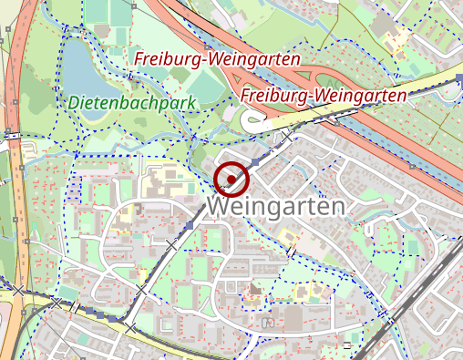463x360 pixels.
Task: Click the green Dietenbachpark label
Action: point(131,102)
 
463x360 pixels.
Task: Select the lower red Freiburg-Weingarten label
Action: point(324,94)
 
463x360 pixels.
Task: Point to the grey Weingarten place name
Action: point(276,207)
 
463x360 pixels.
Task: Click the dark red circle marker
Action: point(231,178)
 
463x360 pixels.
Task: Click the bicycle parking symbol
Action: point(267,322)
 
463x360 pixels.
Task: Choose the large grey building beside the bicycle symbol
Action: point(293,317)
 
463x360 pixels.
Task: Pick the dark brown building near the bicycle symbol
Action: point(254,290)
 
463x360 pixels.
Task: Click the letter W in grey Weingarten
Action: point(219,207)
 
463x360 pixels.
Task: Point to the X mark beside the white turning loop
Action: point(288,135)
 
